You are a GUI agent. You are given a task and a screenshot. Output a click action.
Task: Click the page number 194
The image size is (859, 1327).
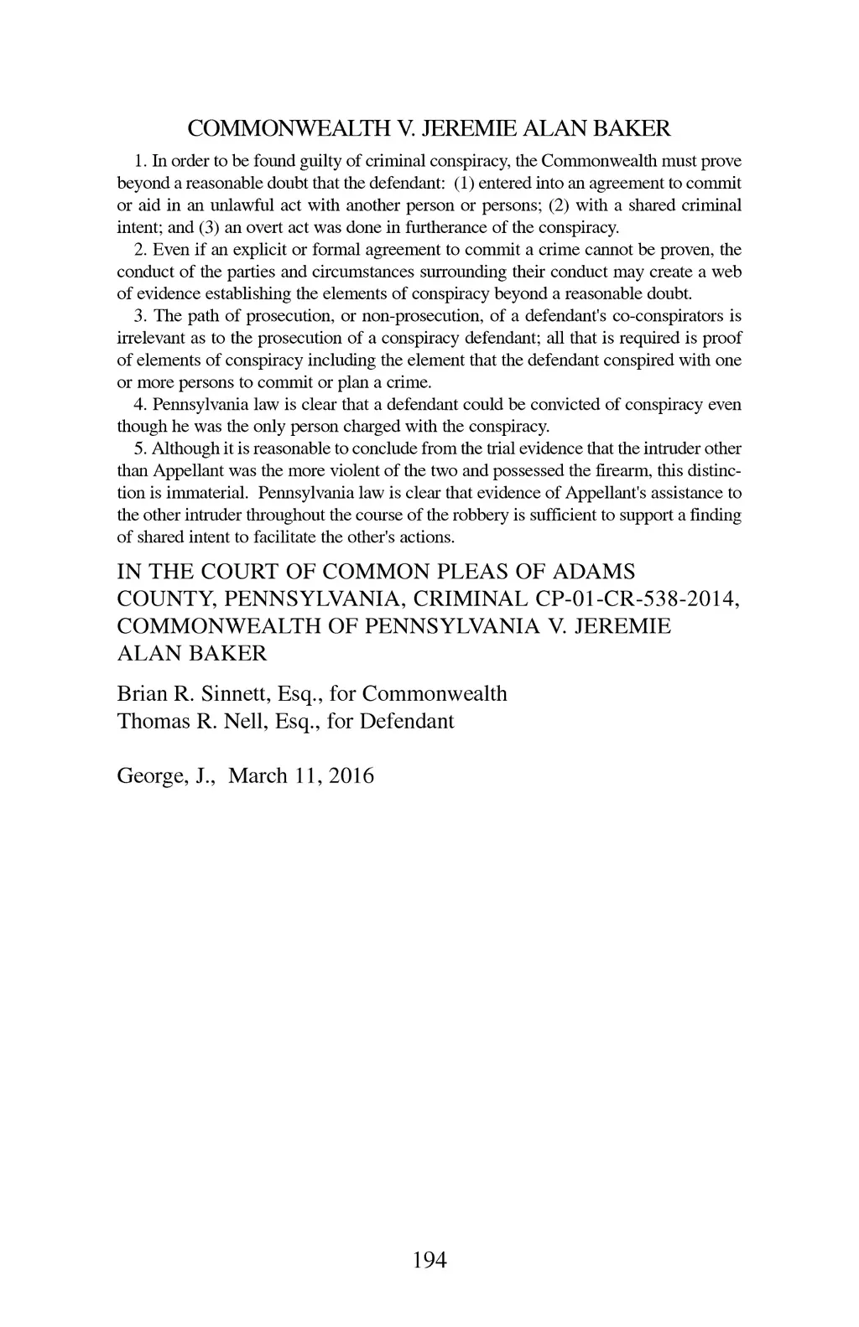[430, 1259]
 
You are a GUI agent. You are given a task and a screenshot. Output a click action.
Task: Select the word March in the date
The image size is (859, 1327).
[258, 775]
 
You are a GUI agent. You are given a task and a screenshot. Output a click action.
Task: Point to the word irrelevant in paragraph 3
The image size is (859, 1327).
[150, 339]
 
